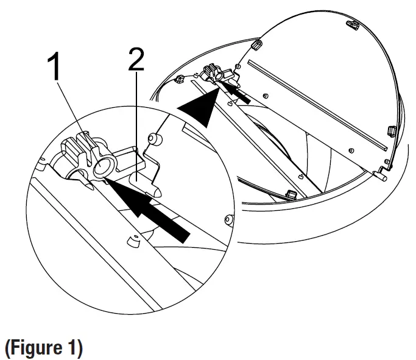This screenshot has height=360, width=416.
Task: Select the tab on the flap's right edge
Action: click(x=390, y=130)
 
